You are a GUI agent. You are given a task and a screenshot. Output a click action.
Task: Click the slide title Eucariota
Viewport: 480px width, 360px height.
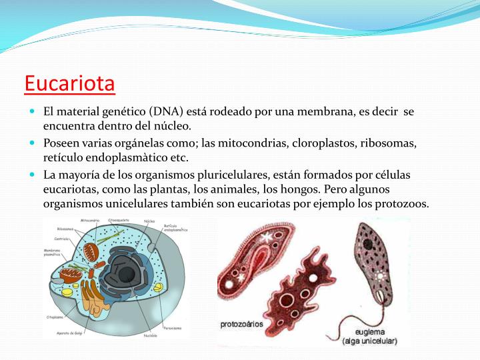pyautogui.click(x=69, y=85)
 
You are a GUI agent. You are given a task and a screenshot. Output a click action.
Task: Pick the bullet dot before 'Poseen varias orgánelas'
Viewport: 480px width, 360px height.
pyautogui.click(x=32, y=143)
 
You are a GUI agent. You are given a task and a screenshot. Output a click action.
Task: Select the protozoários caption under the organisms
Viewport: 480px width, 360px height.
pyautogui.click(x=241, y=325)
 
